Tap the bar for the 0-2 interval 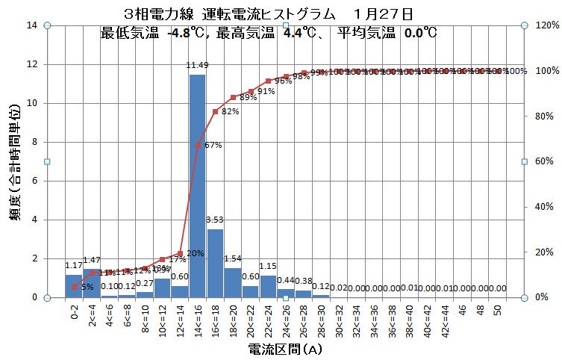click(x=73, y=285)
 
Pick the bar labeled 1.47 click(x=91, y=282)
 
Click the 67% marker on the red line click(x=198, y=145)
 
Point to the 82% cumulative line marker click(x=215, y=111)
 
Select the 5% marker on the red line click(x=73, y=287)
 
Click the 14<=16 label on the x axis click(x=198, y=317)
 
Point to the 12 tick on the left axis click(x=32, y=64)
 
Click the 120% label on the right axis click(x=542, y=25)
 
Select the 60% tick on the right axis click(x=542, y=161)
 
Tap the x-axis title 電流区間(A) click(x=285, y=349)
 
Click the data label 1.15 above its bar click(x=268, y=267)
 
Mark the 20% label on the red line click(x=194, y=252)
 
